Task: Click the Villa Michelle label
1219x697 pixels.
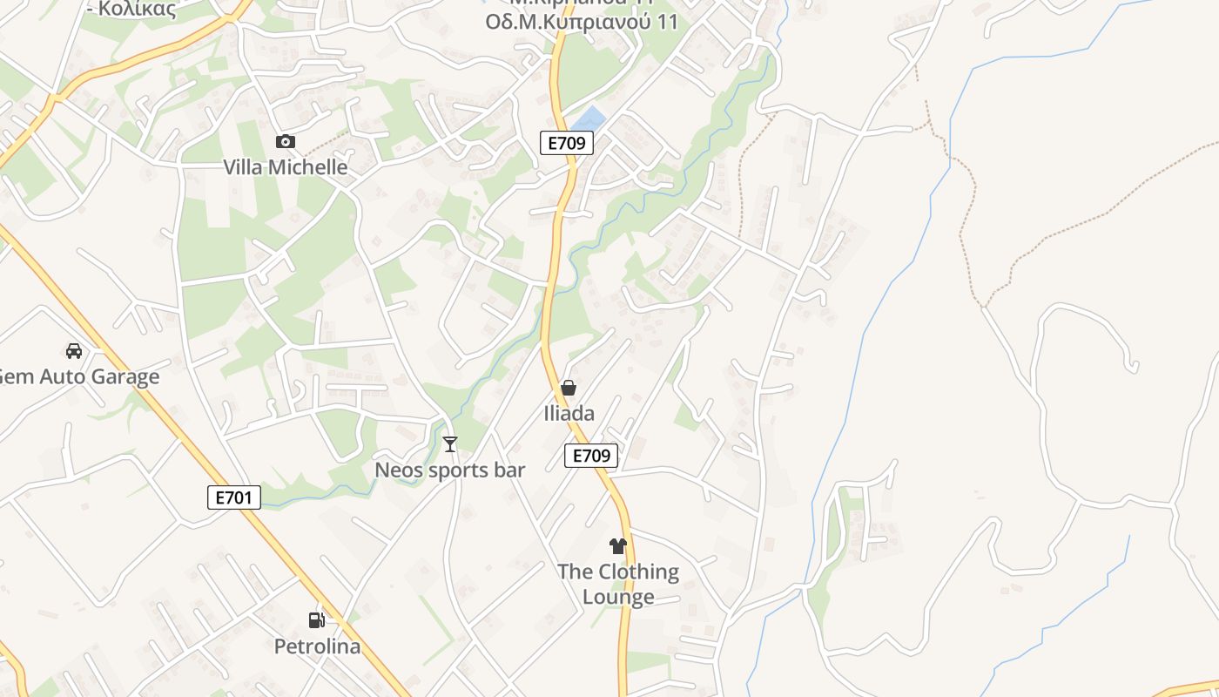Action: [x=286, y=167]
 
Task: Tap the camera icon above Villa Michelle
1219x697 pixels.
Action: [x=286, y=141]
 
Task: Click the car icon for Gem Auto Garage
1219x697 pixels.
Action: [x=74, y=351]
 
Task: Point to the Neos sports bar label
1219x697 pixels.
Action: [x=449, y=470]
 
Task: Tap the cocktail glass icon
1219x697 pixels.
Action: [x=450, y=444]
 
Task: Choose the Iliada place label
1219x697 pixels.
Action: [x=569, y=414]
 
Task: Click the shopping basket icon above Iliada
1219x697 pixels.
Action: [x=569, y=388]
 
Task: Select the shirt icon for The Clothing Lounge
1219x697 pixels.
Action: [x=617, y=546]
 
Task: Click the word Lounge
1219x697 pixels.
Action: [x=618, y=597]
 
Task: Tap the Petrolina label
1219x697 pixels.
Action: [x=317, y=646]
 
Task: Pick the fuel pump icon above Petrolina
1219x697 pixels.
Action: [x=317, y=620]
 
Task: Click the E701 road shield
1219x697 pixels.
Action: [x=234, y=497]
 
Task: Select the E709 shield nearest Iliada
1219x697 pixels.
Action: [x=591, y=455]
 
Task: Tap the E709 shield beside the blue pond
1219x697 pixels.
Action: [x=567, y=143]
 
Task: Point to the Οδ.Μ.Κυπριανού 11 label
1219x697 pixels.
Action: [x=581, y=23]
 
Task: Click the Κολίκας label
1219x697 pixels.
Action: [x=136, y=10]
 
